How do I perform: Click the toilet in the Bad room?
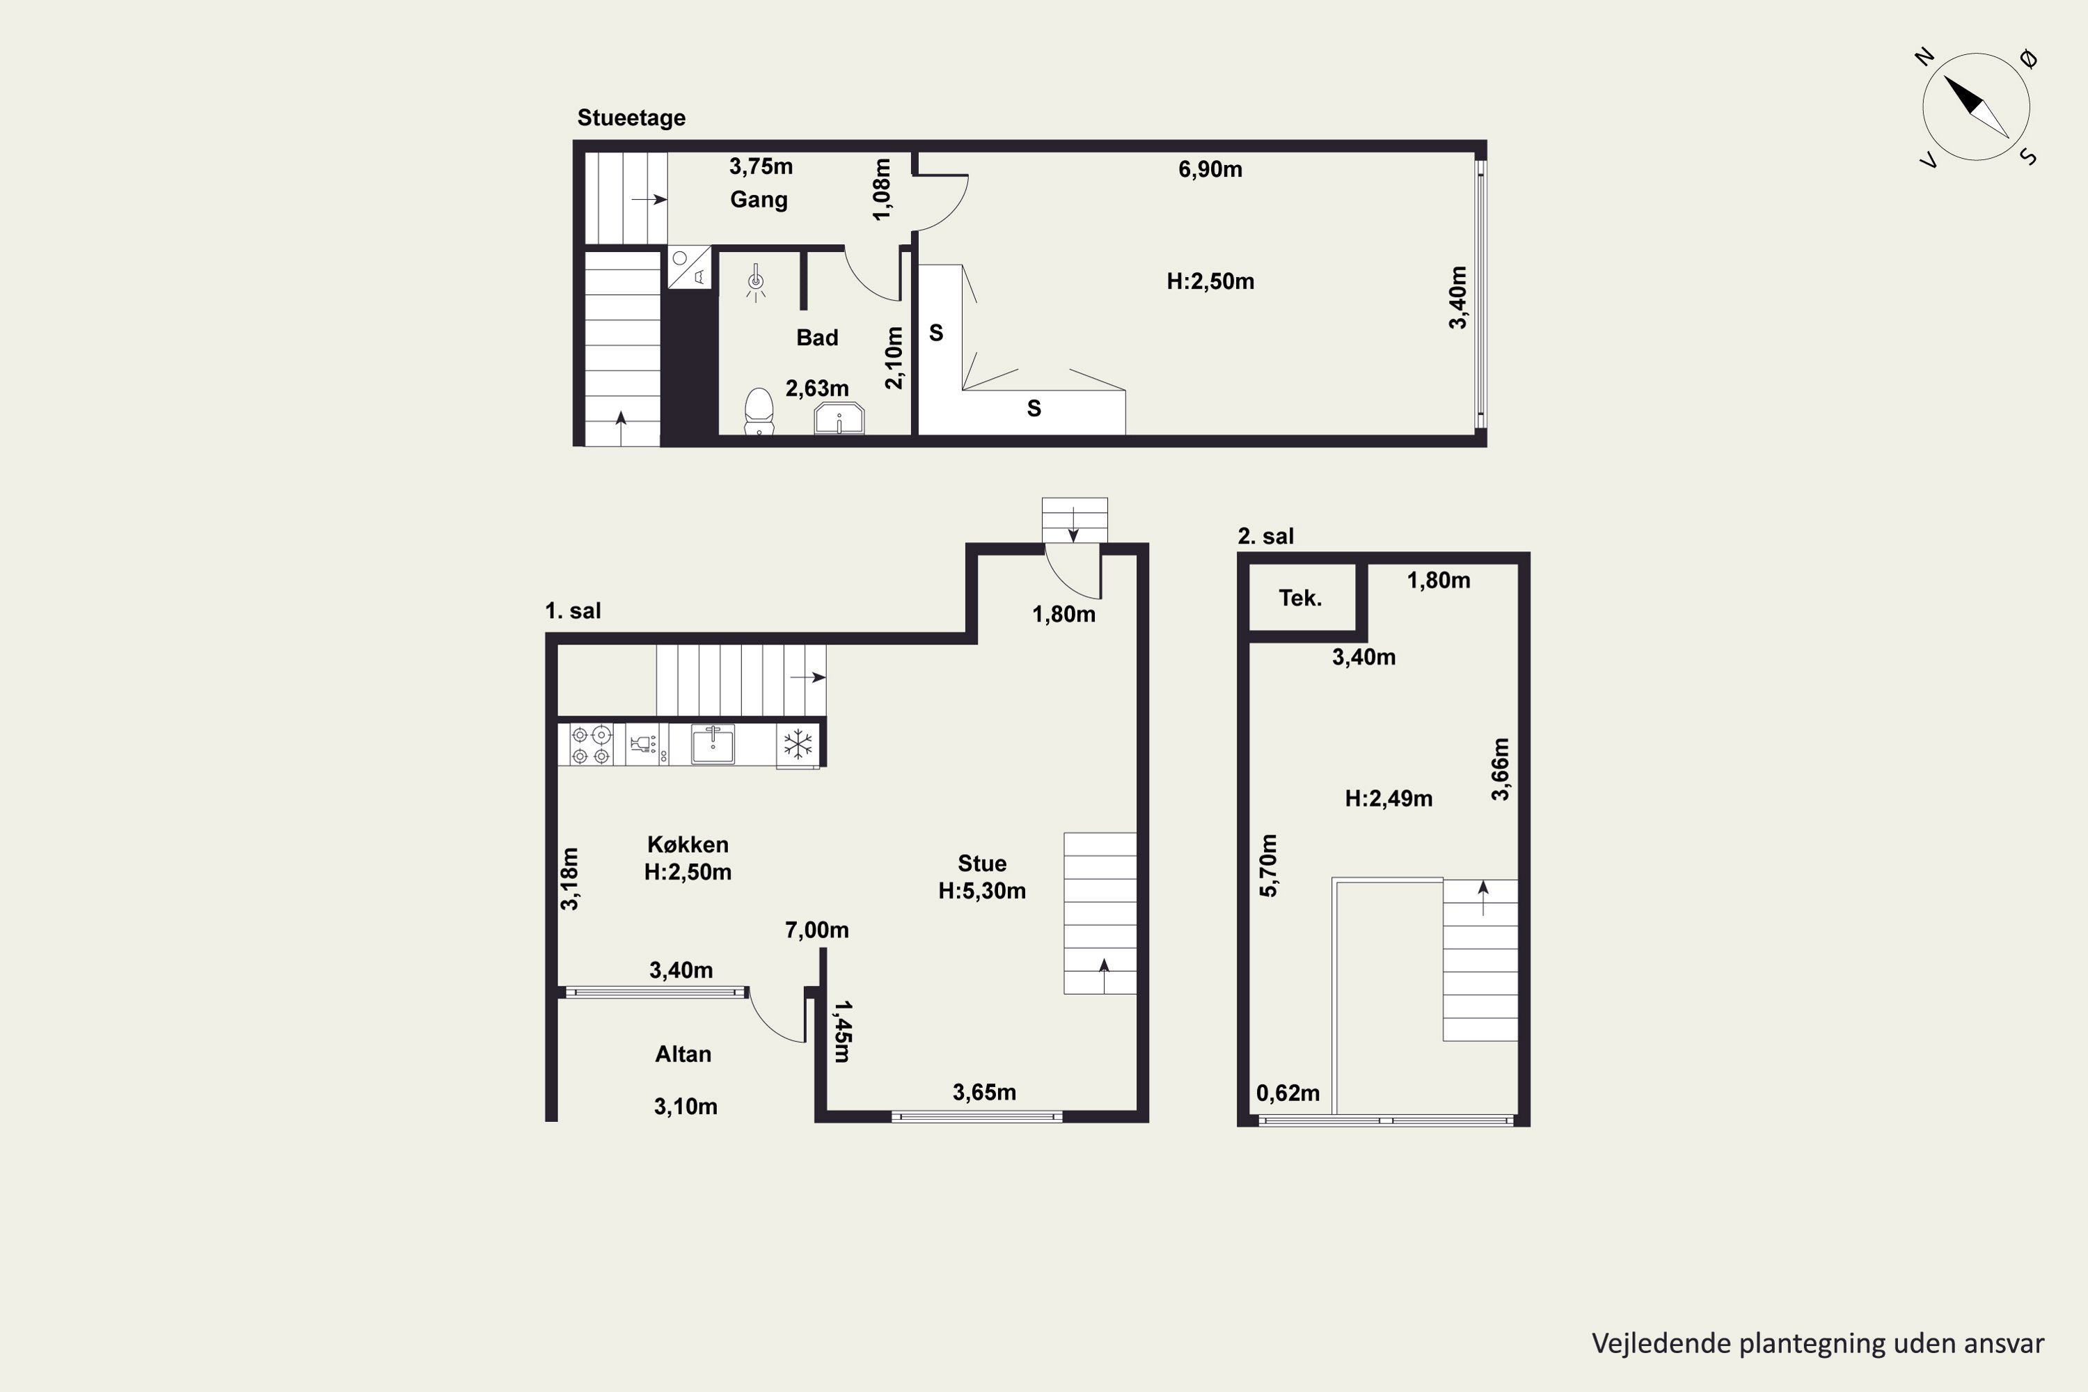pyautogui.click(x=758, y=411)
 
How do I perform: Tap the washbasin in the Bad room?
pyautogui.click(x=839, y=418)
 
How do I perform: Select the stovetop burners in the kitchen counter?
pyautogui.click(x=591, y=745)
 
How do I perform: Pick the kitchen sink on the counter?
pyautogui.click(x=713, y=744)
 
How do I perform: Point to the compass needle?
pyautogui.click(x=1976, y=106)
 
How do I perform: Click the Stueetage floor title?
pyautogui.click(x=631, y=118)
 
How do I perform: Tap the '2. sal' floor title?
pyautogui.click(x=1265, y=536)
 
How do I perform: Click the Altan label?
pyautogui.click(x=683, y=1054)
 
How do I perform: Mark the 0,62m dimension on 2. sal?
pyautogui.click(x=1287, y=1093)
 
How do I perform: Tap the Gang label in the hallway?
pyautogui.click(x=759, y=200)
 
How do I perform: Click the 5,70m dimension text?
pyautogui.click(x=1270, y=866)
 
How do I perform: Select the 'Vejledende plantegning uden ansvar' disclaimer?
pyautogui.click(x=1818, y=1344)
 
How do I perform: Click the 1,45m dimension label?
pyautogui.click(x=841, y=1031)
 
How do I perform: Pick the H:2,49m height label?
pyautogui.click(x=1389, y=799)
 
